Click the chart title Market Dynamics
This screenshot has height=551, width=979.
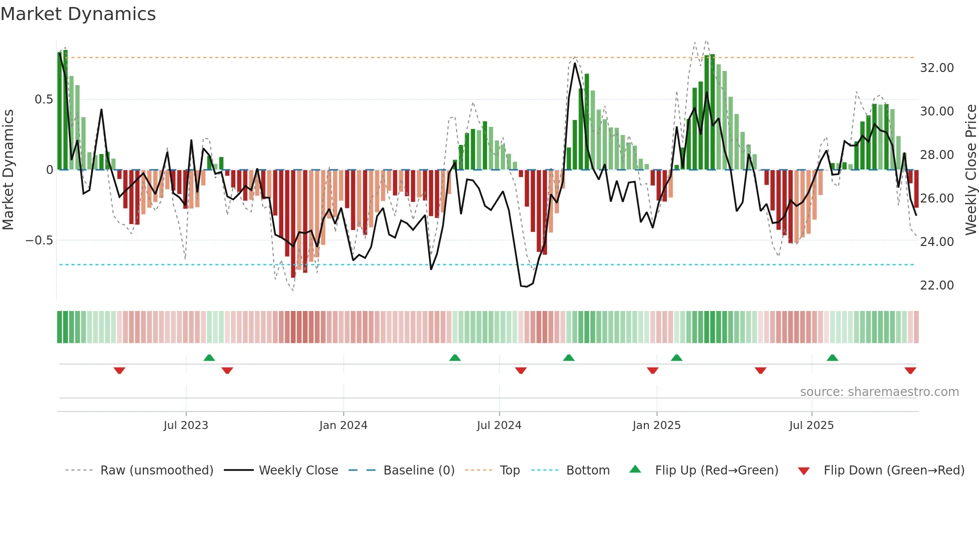tap(78, 14)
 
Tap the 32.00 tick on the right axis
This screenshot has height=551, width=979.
tap(937, 68)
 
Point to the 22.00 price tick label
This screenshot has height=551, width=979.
tap(937, 285)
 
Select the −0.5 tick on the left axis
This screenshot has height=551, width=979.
tap(39, 240)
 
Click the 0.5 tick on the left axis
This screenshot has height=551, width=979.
tap(43, 99)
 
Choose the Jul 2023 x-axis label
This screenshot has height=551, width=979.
tap(186, 425)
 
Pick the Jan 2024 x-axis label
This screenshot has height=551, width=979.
tap(343, 425)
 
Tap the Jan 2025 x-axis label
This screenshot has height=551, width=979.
tap(656, 425)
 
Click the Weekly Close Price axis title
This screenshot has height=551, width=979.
tap(971, 170)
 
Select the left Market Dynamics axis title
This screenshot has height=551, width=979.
tap(8, 170)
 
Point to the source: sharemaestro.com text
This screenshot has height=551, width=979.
tap(879, 392)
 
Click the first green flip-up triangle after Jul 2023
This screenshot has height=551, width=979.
tap(209, 358)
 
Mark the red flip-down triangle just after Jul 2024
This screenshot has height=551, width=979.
tap(520, 370)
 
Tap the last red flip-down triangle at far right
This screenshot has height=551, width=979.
tap(910, 370)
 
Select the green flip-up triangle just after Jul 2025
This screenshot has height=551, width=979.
tap(832, 358)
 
